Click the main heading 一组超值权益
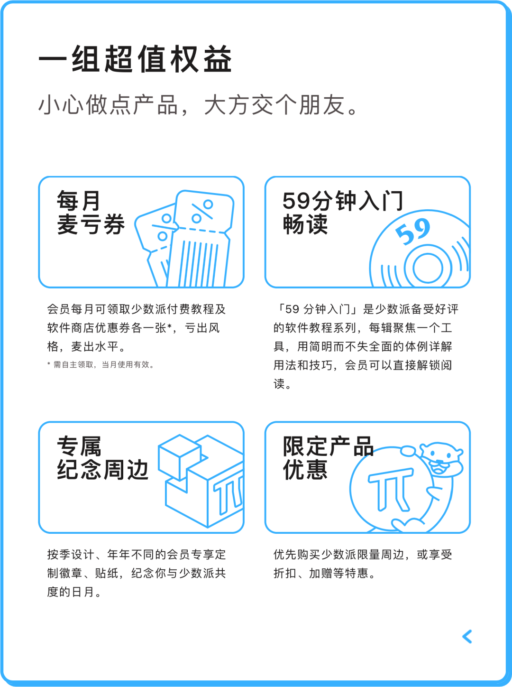point(135,59)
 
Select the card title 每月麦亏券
point(91,213)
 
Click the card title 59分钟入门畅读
point(343,213)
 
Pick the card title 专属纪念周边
point(102,458)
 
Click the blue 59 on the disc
point(413,232)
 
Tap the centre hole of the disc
point(428,268)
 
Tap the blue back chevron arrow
point(467,636)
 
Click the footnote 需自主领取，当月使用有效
point(103,365)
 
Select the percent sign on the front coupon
point(202,211)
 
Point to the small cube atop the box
point(180,457)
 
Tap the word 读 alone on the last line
point(279,384)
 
